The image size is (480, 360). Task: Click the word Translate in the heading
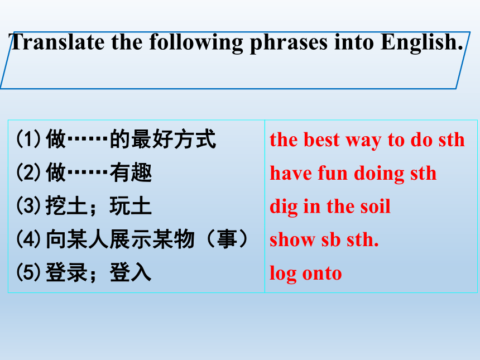pos(57,42)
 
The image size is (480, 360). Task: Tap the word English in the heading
pos(422,43)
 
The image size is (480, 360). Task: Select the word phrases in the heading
pos(289,43)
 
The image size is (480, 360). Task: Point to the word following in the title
pos(196,43)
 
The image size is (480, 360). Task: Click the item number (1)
pos(28,139)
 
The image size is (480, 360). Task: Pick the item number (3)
pos(28,206)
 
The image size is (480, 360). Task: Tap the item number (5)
pos(28,272)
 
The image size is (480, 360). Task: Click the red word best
pos(321,140)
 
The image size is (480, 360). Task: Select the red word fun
pos(333,173)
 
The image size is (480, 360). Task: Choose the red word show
pos(292,239)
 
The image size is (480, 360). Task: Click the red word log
pos(283,274)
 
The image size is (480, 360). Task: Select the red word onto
pos(322,273)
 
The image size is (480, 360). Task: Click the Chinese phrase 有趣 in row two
pos(131,172)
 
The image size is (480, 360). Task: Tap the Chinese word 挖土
pos(66,206)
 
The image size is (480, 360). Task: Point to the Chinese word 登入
pos(131,272)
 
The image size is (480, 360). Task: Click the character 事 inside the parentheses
pos(227,239)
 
